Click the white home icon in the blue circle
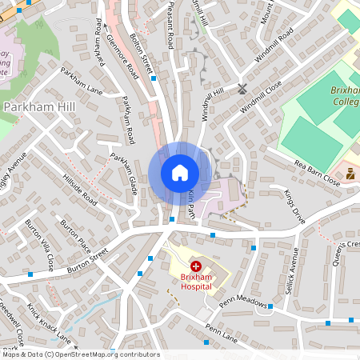tap(180, 172)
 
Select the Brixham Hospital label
tap(196, 281)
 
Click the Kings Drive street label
tap(294, 206)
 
